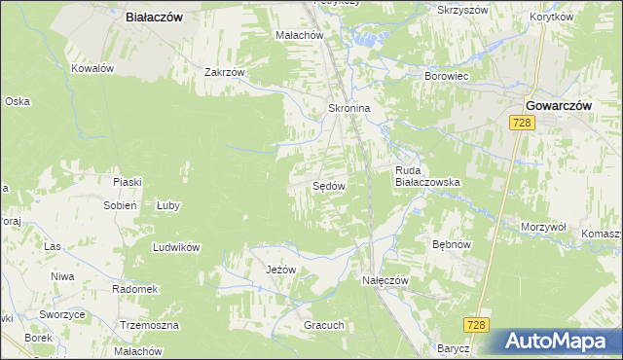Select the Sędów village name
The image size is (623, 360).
(x=329, y=185)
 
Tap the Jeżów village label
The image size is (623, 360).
(x=274, y=270)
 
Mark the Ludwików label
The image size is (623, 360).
(x=176, y=247)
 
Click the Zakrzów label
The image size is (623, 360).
(x=223, y=71)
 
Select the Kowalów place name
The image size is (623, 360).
(x=93, y=68)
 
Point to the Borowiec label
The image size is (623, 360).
(x=448, y=75)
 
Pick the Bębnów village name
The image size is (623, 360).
(x=452, y=246)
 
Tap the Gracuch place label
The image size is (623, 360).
(x=324, y=325)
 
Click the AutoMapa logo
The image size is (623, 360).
(x=559, y=342)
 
